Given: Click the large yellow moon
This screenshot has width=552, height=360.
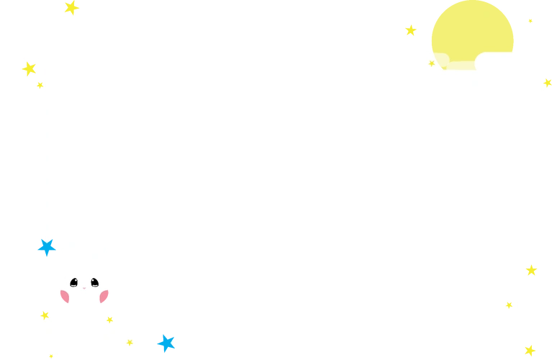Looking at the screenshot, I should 472,32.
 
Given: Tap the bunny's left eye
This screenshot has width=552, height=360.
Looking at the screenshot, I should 74,282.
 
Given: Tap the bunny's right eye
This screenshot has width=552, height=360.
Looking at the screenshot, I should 94,282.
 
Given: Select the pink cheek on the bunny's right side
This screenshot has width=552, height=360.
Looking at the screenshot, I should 105,297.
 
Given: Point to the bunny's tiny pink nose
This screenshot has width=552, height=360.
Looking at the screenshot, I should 84,287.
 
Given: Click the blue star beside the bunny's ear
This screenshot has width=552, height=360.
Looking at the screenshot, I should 46,247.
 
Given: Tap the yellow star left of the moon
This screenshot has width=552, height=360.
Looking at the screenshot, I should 411,31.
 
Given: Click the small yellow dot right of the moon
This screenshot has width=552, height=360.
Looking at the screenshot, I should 530,22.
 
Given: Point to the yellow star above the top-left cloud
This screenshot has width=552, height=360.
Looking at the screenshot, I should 71,7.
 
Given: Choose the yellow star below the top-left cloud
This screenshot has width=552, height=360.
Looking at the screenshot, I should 29,69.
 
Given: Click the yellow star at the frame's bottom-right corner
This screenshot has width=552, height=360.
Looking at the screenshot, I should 530,350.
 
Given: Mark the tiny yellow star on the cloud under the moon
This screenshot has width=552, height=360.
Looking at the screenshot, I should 432,63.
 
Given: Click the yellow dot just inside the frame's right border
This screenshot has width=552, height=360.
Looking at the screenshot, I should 509,305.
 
